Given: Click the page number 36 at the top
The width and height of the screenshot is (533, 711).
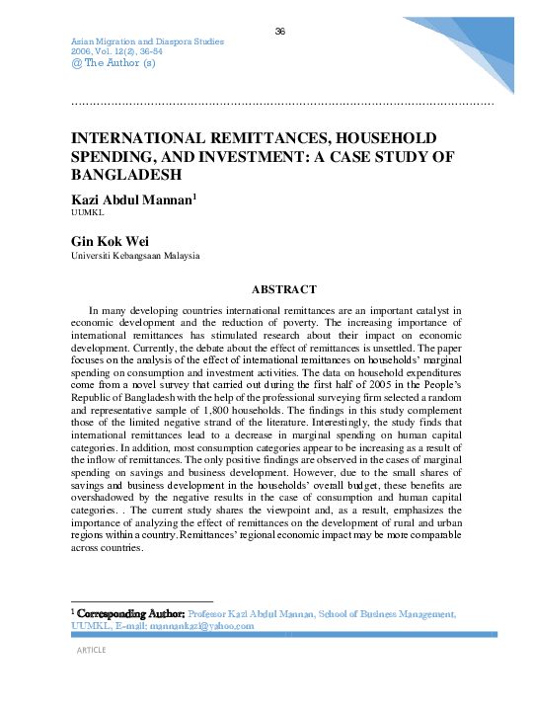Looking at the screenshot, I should click(279, 32).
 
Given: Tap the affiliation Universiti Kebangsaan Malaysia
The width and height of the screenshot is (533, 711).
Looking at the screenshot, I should click(135, 256).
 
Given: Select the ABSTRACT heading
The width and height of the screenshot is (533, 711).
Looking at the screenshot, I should click(283, 289).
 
